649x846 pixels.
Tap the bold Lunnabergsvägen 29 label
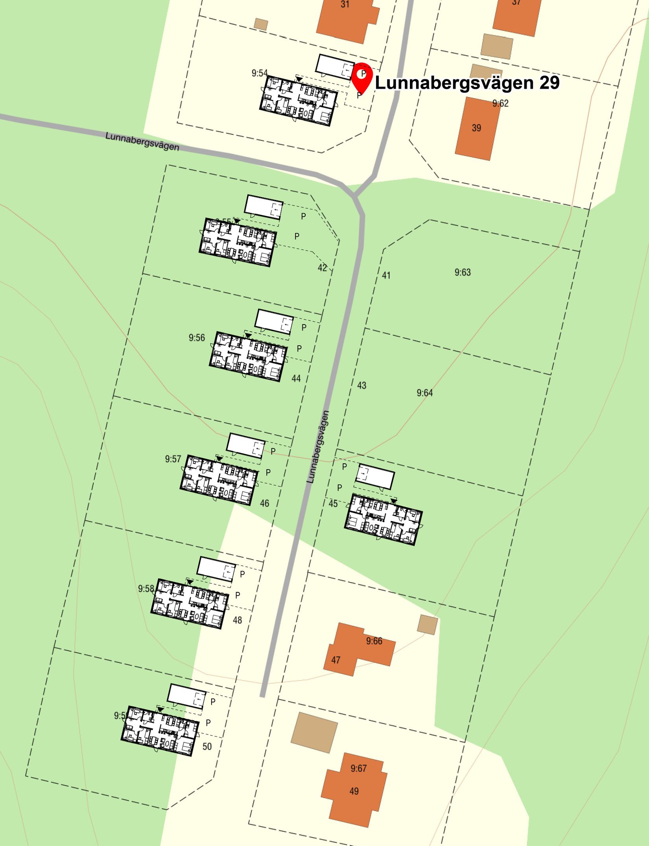(x=467, y=83)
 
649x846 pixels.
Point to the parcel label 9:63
(x=463, y=272)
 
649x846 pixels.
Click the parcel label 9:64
(x=425, y=393)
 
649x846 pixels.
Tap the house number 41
(x=386, y=275)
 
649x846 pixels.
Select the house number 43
(x=361, y=385)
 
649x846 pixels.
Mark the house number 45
(x=333, y=504)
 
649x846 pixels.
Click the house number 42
(x=322, y=268)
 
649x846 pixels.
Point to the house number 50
(x=207, y=746)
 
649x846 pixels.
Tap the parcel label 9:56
(x=197, y=337)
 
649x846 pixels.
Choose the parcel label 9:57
(x=173, y=459)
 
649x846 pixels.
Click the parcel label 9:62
(x=500, y=103)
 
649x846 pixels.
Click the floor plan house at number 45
(x=383, y=520)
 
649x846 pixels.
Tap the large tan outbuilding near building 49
(x=314, y=732)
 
